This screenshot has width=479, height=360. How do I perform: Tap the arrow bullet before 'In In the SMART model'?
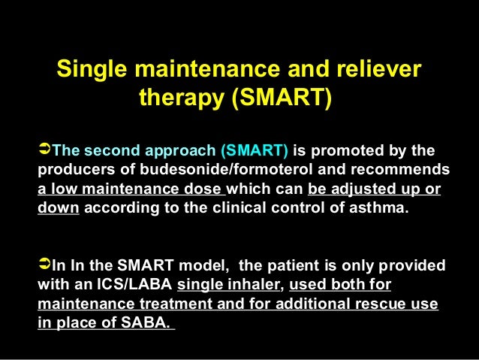(x=44, y=265)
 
